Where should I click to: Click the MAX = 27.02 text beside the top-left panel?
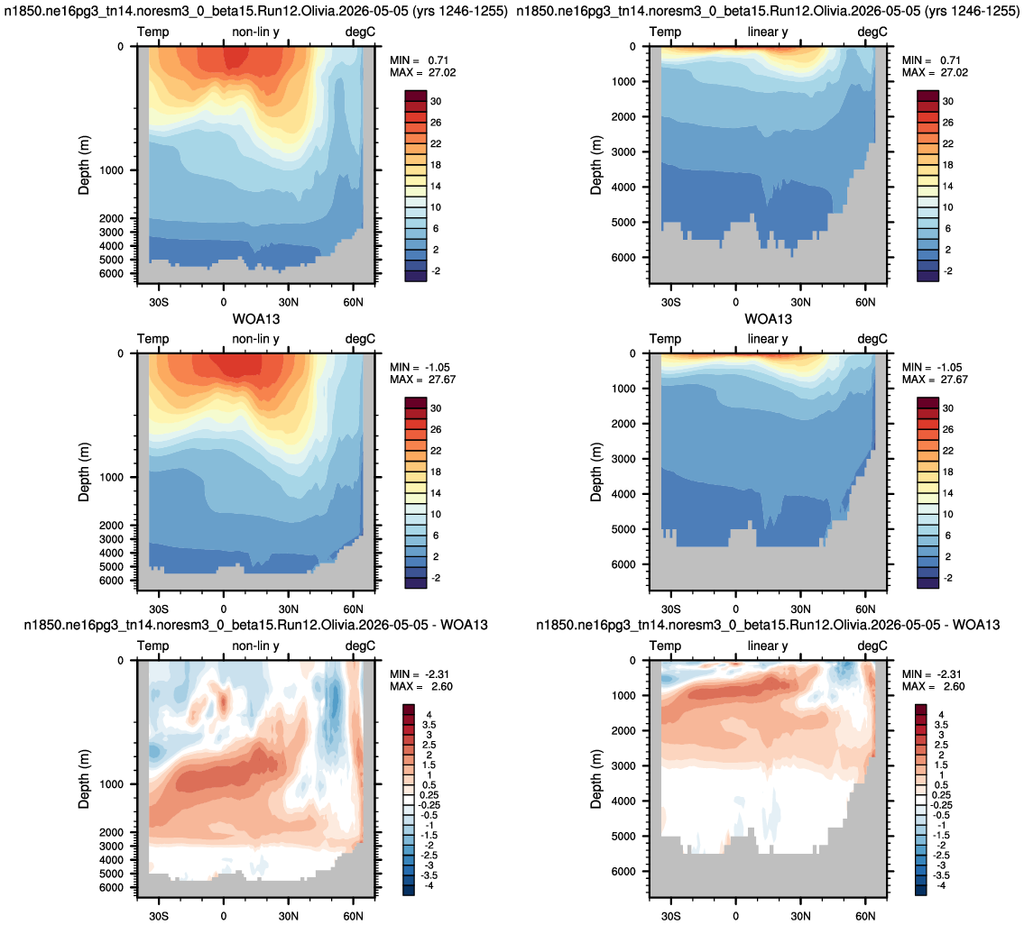[422, 72]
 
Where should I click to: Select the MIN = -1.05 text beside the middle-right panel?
[935, 367]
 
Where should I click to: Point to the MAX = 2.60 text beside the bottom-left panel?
[421, 686]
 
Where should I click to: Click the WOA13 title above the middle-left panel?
[256, 319]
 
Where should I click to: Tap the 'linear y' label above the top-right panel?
[768, 32]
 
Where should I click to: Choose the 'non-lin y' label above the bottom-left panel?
[255, 646]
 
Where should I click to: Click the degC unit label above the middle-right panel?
[872, 339]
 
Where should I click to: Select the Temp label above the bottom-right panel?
[665, 646]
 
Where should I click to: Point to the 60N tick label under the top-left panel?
[353, 302]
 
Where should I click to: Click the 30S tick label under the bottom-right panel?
[670, 916]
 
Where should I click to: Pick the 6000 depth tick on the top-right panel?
[623, 257]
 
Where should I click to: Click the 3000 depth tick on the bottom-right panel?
[623, 765]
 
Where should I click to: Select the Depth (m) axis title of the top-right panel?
[595, 165]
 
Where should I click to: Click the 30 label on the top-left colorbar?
[436, 101]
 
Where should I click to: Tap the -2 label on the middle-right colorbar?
[947, 578]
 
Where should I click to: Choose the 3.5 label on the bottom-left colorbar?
[429, 725]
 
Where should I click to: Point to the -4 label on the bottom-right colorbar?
[941, 885]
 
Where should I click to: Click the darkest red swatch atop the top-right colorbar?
[928, 96]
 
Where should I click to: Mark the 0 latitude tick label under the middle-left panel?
[224, 609]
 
